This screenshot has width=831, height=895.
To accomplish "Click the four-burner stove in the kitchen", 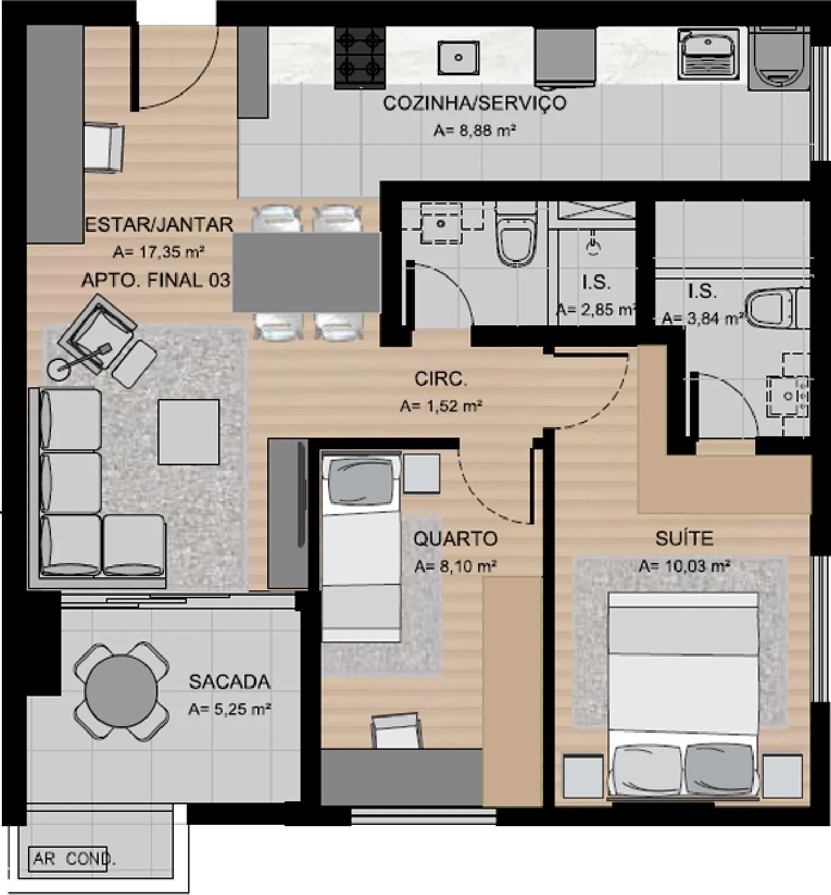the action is point(360,57).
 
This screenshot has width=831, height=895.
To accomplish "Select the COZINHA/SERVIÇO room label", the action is point(474,103).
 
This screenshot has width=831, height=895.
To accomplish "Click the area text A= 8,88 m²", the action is point(475,131).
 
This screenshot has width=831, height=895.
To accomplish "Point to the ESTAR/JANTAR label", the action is point(159,224).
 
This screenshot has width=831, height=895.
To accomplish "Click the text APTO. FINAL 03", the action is point(156,281).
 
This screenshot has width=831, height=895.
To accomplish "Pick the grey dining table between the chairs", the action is point(307,272).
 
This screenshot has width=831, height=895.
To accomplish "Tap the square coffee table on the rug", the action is point(189,432).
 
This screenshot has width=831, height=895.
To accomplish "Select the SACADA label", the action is point(229,682).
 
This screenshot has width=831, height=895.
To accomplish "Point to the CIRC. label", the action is point(441,379).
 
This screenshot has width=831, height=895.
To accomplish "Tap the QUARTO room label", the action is point(455,539).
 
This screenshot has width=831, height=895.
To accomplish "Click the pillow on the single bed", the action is point(361,481).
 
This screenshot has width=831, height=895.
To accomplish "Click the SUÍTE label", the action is point(684,539).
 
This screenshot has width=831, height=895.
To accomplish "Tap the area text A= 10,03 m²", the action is point(684,566).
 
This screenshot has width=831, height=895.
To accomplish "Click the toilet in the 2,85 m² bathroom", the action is point(517,235).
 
